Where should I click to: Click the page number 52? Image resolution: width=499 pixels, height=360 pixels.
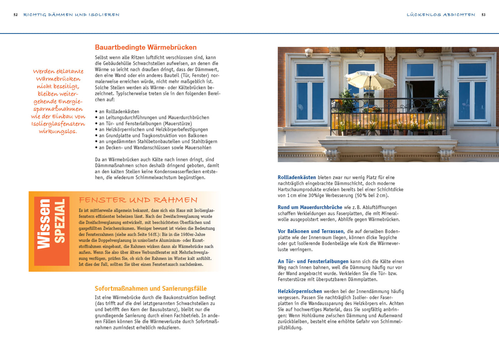click(x=15, y=15)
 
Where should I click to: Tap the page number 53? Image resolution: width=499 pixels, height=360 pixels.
click(x=483, y=15)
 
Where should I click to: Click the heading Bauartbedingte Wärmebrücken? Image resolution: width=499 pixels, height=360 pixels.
click(x=146, y=47)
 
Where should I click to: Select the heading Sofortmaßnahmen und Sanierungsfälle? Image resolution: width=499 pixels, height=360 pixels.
click(x=151, y=288)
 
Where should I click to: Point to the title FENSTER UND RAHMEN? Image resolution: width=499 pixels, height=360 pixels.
click(x=138, y=200)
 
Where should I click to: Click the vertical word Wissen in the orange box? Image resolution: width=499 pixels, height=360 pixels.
click(x=43, y=224)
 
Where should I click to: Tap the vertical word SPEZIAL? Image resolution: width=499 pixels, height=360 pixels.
click(x=60, y=221)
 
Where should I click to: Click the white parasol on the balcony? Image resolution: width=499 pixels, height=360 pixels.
click(x=370, y=79)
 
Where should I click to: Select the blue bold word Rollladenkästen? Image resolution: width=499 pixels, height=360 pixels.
click(x=297, y=178)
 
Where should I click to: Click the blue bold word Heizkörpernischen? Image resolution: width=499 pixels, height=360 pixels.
click(x=300, y=292)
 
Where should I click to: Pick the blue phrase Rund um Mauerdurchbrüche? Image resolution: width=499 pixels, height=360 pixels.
click(x=310, y=207)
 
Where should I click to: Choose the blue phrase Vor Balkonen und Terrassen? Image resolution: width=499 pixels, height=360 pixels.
click(x=311, y=231)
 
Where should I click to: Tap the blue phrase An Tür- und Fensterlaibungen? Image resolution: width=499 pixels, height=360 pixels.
click(x=313, y=261)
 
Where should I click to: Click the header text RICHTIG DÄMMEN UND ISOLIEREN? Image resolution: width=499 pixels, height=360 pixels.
click(x=71, y=15)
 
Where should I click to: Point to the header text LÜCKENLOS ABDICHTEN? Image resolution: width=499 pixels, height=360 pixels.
click(x=441, y=15)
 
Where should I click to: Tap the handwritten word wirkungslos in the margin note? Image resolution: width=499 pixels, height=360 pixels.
click(x=58, y=131)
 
